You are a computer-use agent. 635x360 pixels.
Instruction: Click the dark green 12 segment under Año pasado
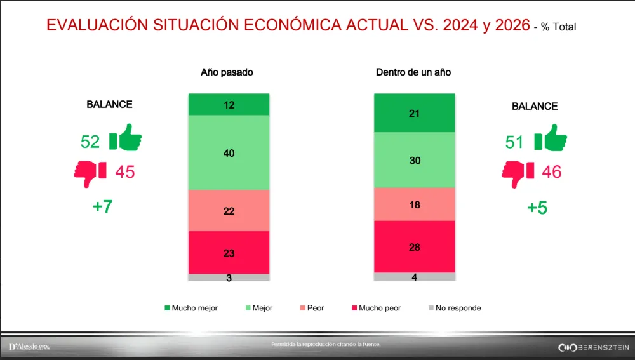[x=229, y=105]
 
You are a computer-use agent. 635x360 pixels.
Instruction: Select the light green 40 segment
[x=229, y=152]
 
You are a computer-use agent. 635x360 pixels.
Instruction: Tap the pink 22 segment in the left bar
[x=229, y=211]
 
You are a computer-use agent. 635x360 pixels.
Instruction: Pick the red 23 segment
[x=229, y=253]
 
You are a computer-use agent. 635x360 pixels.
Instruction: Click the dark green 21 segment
[x=415, y=113]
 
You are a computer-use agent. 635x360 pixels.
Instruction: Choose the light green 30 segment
[x=415, y=160]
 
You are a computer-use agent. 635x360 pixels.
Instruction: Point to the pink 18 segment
[x=415, y=204]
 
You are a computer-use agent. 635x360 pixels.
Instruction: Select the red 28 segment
[x=415, y=246]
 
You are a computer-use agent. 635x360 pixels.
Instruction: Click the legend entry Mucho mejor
[x=191, y=308]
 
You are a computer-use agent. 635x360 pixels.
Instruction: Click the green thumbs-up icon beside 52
[x=125, y=138]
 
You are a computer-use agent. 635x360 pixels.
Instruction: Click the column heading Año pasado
[x=227, y=72]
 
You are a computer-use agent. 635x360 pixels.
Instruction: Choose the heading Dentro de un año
[x=413, y=72]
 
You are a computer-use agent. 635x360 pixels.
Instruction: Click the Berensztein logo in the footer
[x=593, y=347]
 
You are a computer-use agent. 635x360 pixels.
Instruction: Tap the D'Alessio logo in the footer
[x=29, y=347]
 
